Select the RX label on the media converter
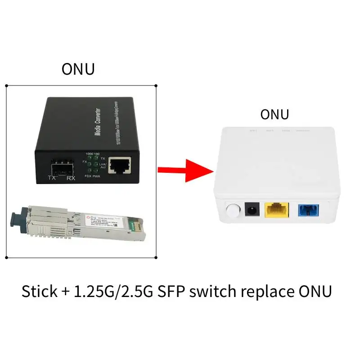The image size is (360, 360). coord(70,179)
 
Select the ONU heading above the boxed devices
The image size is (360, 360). coord(78,69)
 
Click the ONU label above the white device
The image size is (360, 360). coord(274,114)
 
